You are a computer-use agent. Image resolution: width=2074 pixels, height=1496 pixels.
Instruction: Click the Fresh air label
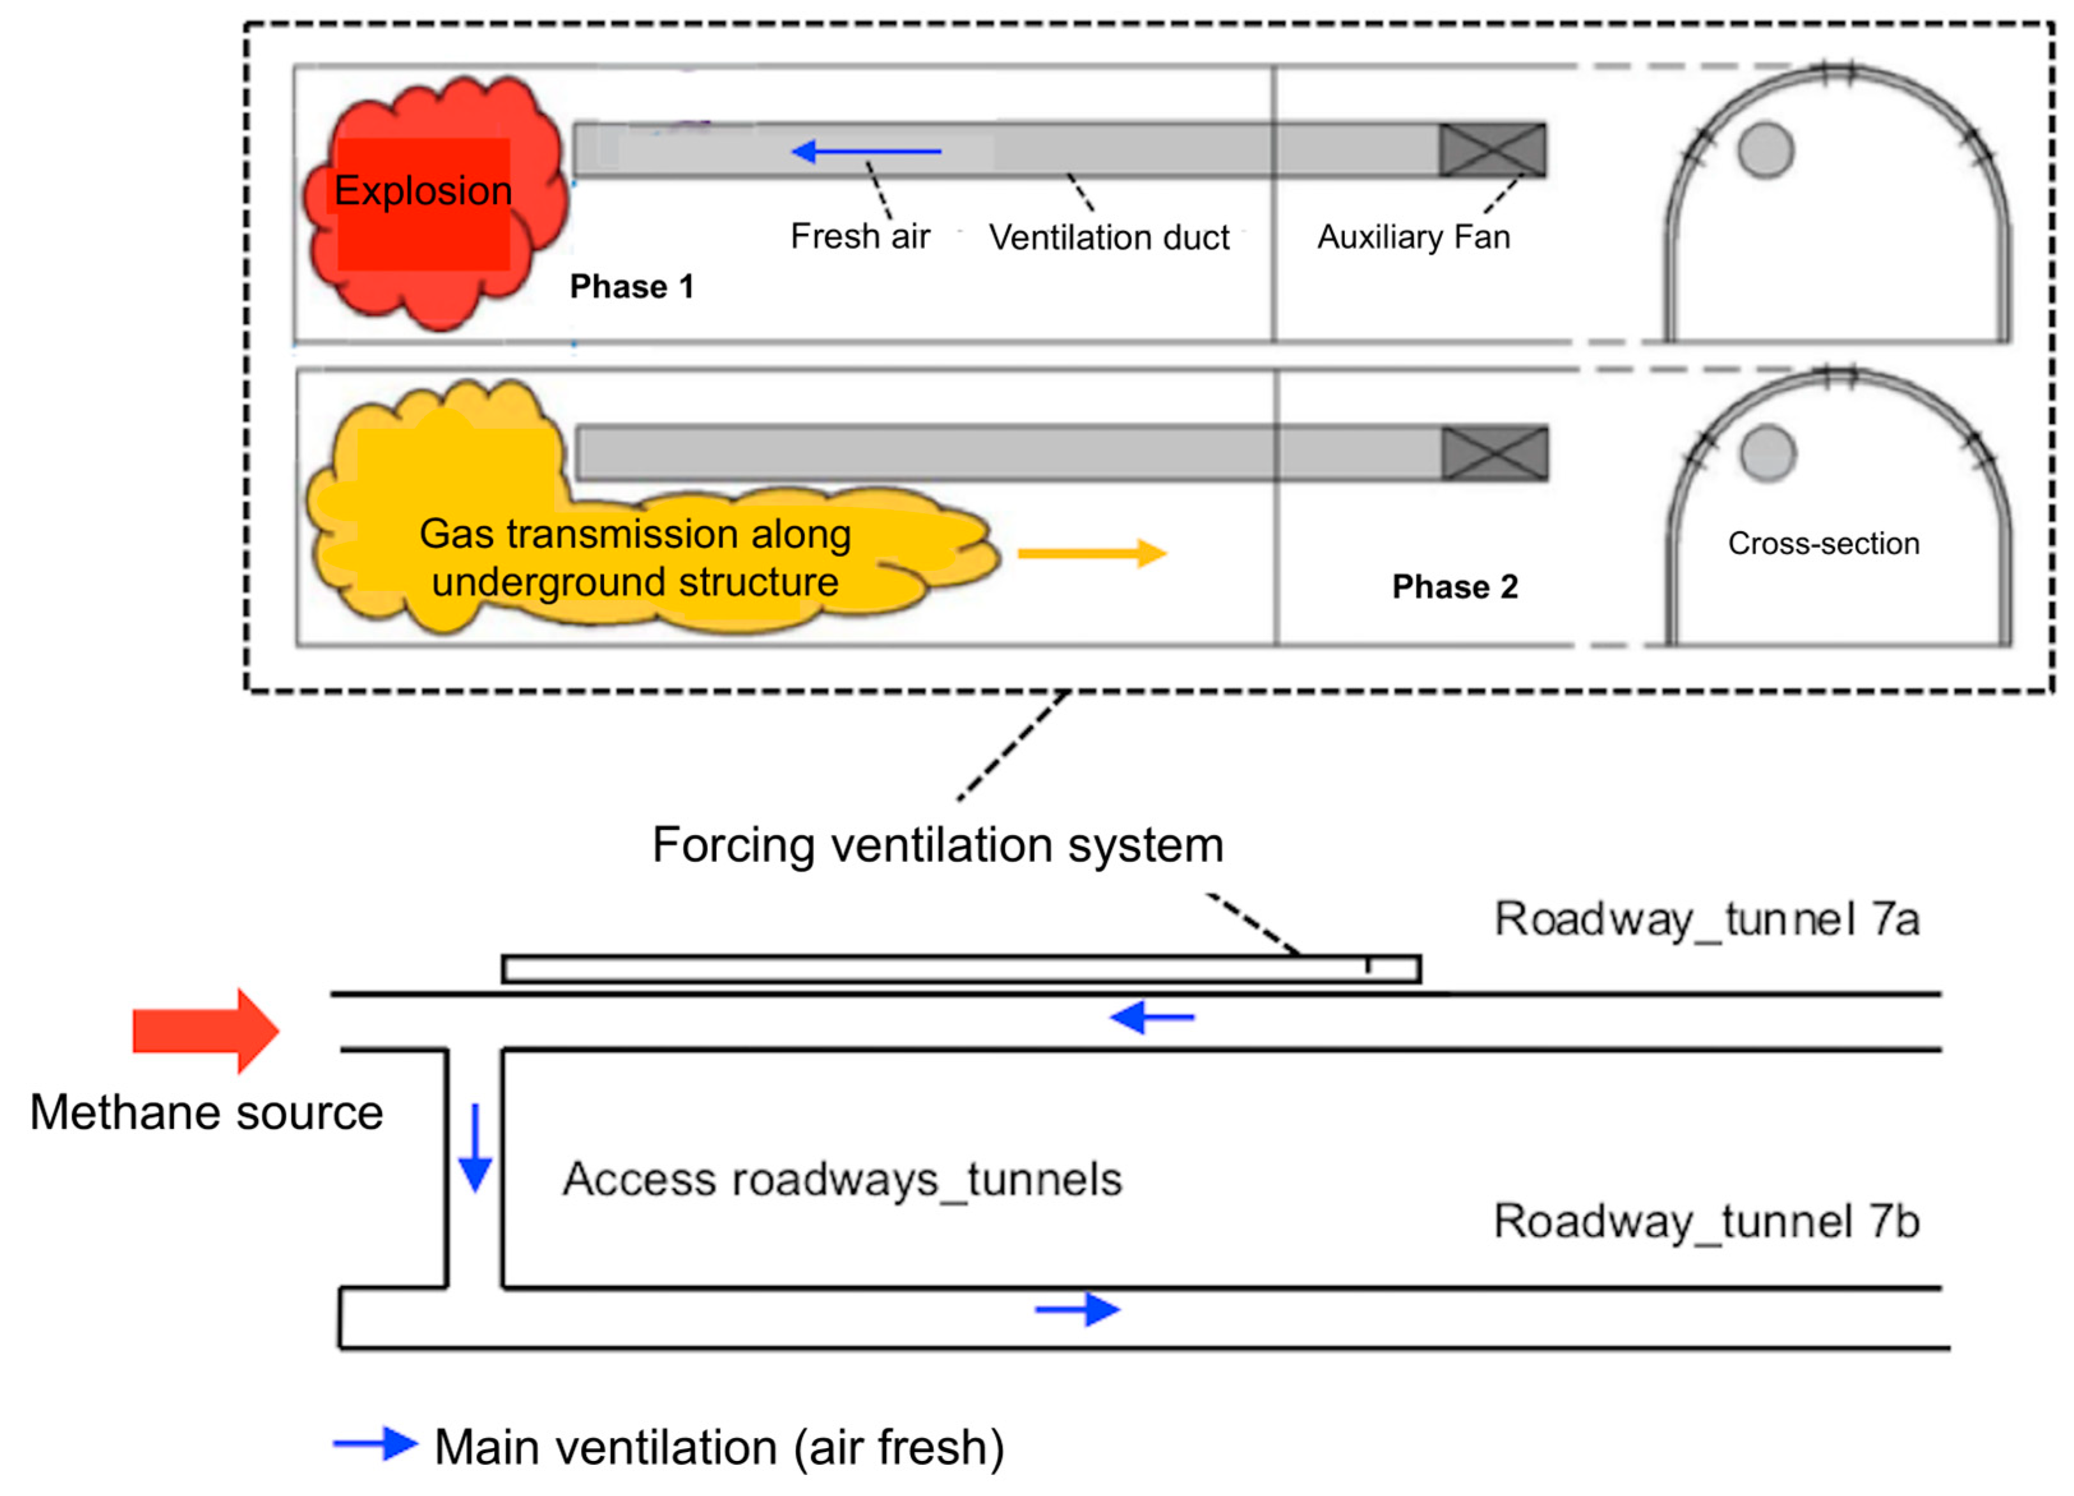pyautogui.click(x=860, y=237)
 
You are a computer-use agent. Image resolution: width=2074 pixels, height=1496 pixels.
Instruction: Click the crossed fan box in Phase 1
pyautogui.click(x=1492, y=150)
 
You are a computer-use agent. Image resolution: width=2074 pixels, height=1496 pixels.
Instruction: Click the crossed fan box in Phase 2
pyautogui.click(x=1494, y=453)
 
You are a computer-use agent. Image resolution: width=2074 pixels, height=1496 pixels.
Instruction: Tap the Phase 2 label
pyautogui.click(x=1455, y=587)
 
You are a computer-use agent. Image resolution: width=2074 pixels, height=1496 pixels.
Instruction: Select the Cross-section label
pyautogui.click(x=1823, y=544)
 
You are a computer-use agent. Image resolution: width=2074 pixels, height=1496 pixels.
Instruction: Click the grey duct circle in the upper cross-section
pyautogui.click(x=1766, y=151)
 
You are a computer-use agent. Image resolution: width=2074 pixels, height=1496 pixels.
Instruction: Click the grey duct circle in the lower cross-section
pyautogui.click(x=1768, y=453)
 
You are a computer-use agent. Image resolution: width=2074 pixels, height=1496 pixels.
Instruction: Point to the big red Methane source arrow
pyautogui.click(x=206, y=1031)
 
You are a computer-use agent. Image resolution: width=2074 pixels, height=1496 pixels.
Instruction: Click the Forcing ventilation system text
pyautogui.click(x=937, y=845)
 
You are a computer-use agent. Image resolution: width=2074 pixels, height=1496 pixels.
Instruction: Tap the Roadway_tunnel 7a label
pyautogui.click(x=1706, y=919)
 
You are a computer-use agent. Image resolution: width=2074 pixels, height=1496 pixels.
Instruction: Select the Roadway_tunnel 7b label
pyautogui.click(x=1706, y=1221)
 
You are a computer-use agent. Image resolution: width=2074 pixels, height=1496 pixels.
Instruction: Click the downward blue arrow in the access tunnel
pyautogui.click(x=474, y=1147)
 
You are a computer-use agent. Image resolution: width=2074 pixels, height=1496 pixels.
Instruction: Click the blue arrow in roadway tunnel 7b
pyautogui.click(x=1078, y=1310)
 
